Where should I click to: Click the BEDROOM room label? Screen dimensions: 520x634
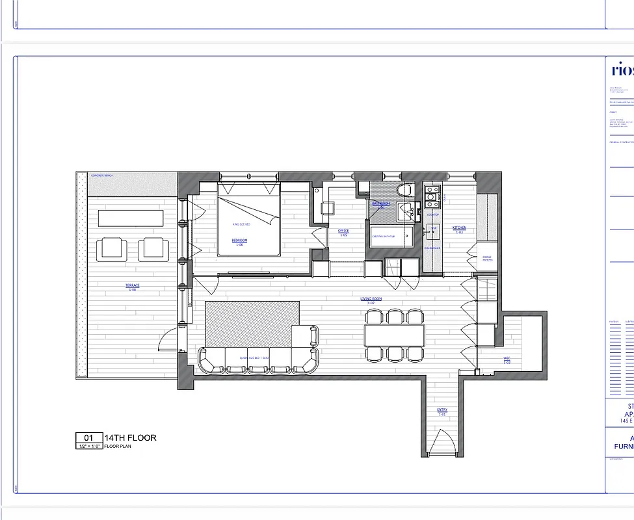pyautogui.click(x=239, y=240)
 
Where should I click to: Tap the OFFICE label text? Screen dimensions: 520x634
pyautogui.click(x=343, y=231)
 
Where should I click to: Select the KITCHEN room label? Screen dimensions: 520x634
pyautogui.click(x=459, y=228)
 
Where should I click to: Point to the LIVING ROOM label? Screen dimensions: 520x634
pyautogui.click(x=371, y=300)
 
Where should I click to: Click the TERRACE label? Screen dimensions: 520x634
pyautogui.click(x=133, y=285)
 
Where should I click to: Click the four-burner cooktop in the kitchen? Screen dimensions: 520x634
pyautogui.click(x=432, y=193)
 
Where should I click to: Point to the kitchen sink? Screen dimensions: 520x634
pyautogui.click(x=432, y=229)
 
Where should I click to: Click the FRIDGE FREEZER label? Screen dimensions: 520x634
pyautogui.click(x=487, y=259)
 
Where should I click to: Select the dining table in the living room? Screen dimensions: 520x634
pyautogui.click(x=394, y=335)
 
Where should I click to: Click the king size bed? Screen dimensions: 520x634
pyautogui.click(x=249, y=218)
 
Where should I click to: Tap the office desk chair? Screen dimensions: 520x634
pyautogui.click(x=327, y=208)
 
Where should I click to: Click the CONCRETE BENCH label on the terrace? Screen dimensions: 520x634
pyautogui.click(x=103, y=176)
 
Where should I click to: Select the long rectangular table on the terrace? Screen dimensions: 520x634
pyautogui.click(x=130, y=217)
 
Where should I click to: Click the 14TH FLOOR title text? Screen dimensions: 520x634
pyautogui.click(x=130, y=437)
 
